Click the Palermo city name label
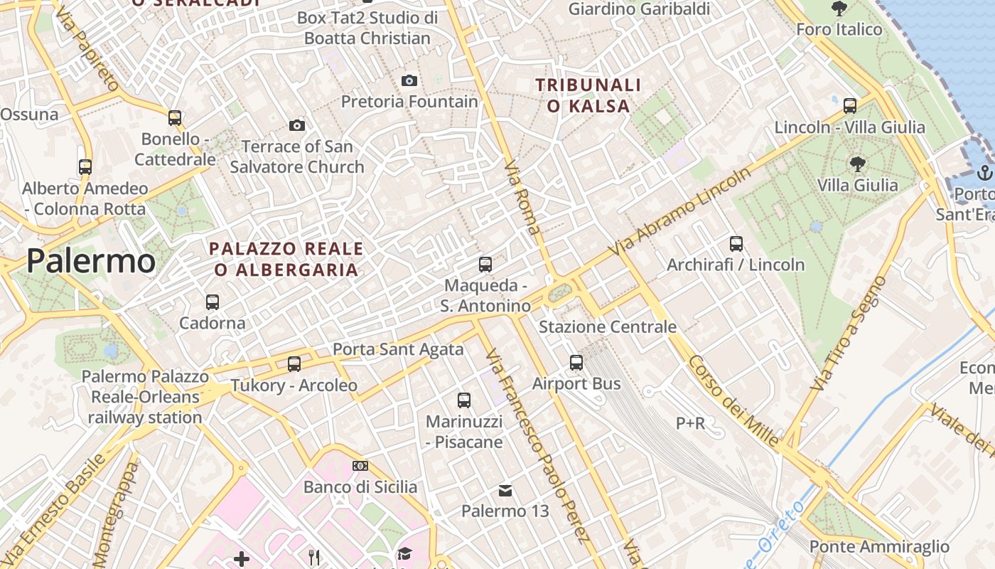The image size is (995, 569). pos(91,262)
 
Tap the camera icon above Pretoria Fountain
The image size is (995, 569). pos(409,80)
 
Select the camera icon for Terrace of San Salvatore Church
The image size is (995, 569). pos(297,125)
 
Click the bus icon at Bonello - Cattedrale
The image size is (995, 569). pos(175,117)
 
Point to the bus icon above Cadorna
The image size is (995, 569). pos(212,302)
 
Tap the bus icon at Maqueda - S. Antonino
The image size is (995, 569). pos(485,265)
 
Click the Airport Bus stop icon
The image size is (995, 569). pos(576,362)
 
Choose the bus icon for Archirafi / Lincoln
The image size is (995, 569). pos(736,244)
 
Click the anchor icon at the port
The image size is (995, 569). pos(984,172)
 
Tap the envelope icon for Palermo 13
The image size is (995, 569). pos(505,490)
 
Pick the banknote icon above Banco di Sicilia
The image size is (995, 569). pos(360,466)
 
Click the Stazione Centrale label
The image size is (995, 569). pos(608,327)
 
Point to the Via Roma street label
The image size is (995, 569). pos(522,197)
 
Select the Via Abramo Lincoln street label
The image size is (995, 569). pos(680,212)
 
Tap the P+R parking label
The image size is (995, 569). pos(690,423)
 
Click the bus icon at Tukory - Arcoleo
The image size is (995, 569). pos(294,364)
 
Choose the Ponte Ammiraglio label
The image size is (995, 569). pos(879,546)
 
